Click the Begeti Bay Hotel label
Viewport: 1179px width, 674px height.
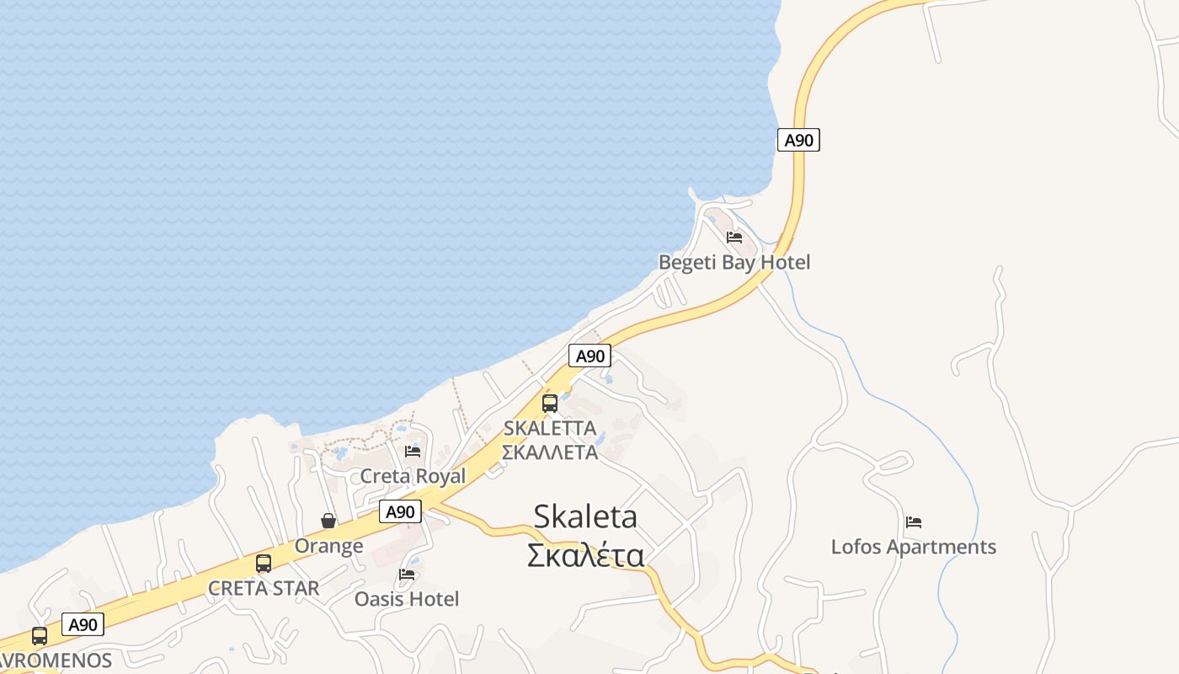point(734,262)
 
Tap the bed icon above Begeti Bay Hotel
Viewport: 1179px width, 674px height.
point(734,238)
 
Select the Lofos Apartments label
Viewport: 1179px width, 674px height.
point(913,547)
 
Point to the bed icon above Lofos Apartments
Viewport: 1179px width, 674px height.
point(914,522)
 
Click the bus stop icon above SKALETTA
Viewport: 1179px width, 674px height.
point(550,403)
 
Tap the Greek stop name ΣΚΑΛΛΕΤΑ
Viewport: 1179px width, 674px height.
point(549,452)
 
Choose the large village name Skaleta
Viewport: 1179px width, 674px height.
point(585,516)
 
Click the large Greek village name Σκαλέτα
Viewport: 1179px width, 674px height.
point(585,555)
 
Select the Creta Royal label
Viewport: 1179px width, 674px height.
point(413,476)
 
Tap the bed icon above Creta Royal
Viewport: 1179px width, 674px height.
point(413,452)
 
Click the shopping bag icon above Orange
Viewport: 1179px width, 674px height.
point(328,521)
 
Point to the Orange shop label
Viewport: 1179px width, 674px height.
point(328,546)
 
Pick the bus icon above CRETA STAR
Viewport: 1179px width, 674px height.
point(264,564)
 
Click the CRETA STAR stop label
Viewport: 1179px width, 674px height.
point(264,588)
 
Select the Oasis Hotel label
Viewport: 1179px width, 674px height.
point(407,599)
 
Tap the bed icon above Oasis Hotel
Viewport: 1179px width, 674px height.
point(407,575)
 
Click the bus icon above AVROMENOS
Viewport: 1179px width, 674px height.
point(40,636)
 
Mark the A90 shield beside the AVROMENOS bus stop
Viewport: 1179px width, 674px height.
point(83,624)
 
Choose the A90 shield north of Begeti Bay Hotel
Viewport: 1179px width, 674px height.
point(798,140)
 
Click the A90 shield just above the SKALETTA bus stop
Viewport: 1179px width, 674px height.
point(589,356)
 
